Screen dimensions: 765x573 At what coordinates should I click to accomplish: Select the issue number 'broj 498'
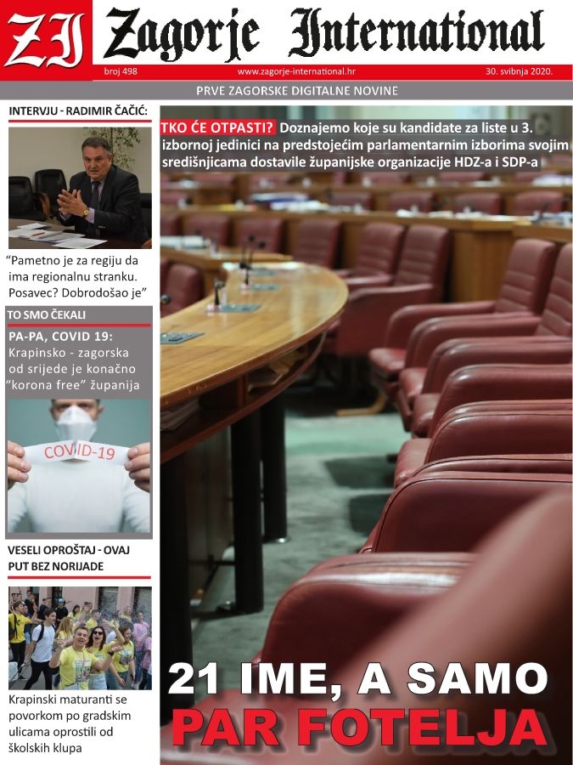click(x=121, y=72)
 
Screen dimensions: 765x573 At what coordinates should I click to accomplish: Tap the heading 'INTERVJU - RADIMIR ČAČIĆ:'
click(x=78, y=110)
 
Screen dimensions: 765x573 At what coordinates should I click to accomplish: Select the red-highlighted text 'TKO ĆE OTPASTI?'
click(x=217, y=128)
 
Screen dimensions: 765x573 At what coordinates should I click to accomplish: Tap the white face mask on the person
click(x=77, y=422)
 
